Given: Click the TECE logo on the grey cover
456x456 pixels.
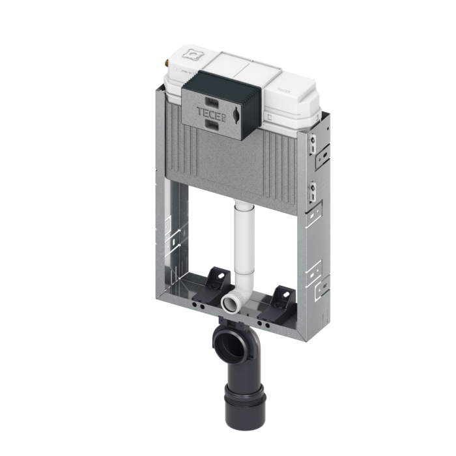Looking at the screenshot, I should (209, 112).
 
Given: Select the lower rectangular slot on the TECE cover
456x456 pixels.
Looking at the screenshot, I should (212, 124).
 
